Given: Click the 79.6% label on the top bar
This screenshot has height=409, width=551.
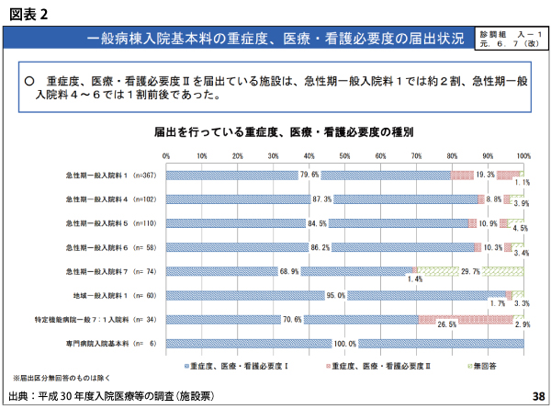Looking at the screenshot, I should coord(308,175).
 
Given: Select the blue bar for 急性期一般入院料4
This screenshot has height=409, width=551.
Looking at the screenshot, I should coord(275,199).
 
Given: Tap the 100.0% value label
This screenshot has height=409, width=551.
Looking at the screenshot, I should coord(343,344).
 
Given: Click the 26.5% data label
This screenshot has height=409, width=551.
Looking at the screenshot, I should coord(446,324).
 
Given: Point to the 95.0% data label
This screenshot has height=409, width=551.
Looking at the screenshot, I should coord(335,295).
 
